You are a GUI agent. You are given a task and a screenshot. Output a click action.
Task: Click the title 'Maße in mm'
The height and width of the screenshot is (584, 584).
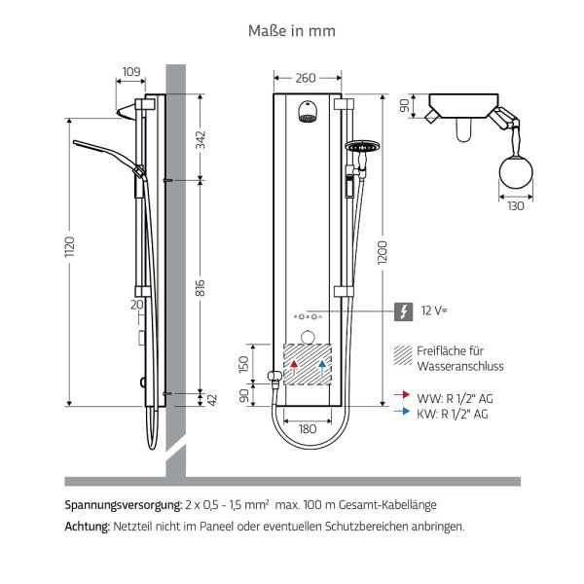point(292,31)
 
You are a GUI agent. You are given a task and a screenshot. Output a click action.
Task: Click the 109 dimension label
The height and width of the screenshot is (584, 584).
point(132,71)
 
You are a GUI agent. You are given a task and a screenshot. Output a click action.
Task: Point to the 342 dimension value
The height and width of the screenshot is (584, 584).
point(201,138)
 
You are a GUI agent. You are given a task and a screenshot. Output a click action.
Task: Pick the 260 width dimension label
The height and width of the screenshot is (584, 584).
point(307,78)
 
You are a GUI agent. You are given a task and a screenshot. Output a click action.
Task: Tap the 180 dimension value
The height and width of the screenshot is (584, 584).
point(307,429)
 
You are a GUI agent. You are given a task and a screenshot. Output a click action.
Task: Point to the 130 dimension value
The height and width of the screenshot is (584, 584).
point(514,206)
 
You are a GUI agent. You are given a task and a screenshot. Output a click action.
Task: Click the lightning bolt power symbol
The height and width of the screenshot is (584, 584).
point(401,311)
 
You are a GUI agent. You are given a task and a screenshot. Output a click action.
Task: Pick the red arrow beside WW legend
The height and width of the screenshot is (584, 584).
point(401,396)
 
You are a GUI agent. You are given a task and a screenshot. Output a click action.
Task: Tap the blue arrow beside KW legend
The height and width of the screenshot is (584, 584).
point(401,412)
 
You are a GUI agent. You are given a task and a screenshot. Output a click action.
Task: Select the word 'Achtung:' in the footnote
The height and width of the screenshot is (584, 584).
point(87,526)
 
